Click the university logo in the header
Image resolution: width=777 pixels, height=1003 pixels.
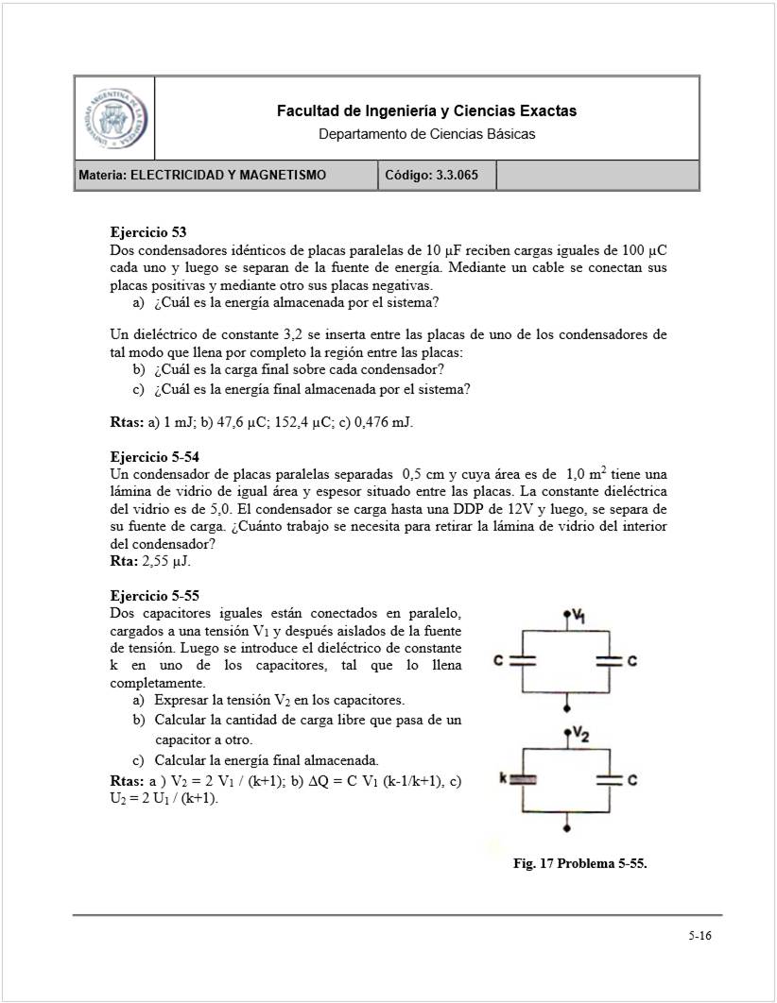point(114,119)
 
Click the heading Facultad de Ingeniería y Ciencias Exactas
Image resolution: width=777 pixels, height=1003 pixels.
point(426,111)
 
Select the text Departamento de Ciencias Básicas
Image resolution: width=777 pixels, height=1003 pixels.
point(426,134)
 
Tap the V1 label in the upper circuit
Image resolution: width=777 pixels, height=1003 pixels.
point(578,618)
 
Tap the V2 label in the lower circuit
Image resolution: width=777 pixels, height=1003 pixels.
point(580,736)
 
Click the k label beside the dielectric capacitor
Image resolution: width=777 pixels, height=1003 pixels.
point(503,779)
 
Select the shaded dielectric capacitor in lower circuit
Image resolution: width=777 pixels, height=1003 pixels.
point(523,779)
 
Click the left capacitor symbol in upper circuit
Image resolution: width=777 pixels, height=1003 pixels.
point(523,661)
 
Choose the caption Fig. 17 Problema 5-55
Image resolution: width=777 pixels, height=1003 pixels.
point(579,863)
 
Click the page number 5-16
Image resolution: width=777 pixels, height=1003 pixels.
point(699,937)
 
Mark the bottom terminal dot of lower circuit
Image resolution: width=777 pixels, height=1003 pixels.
point(565,828)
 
